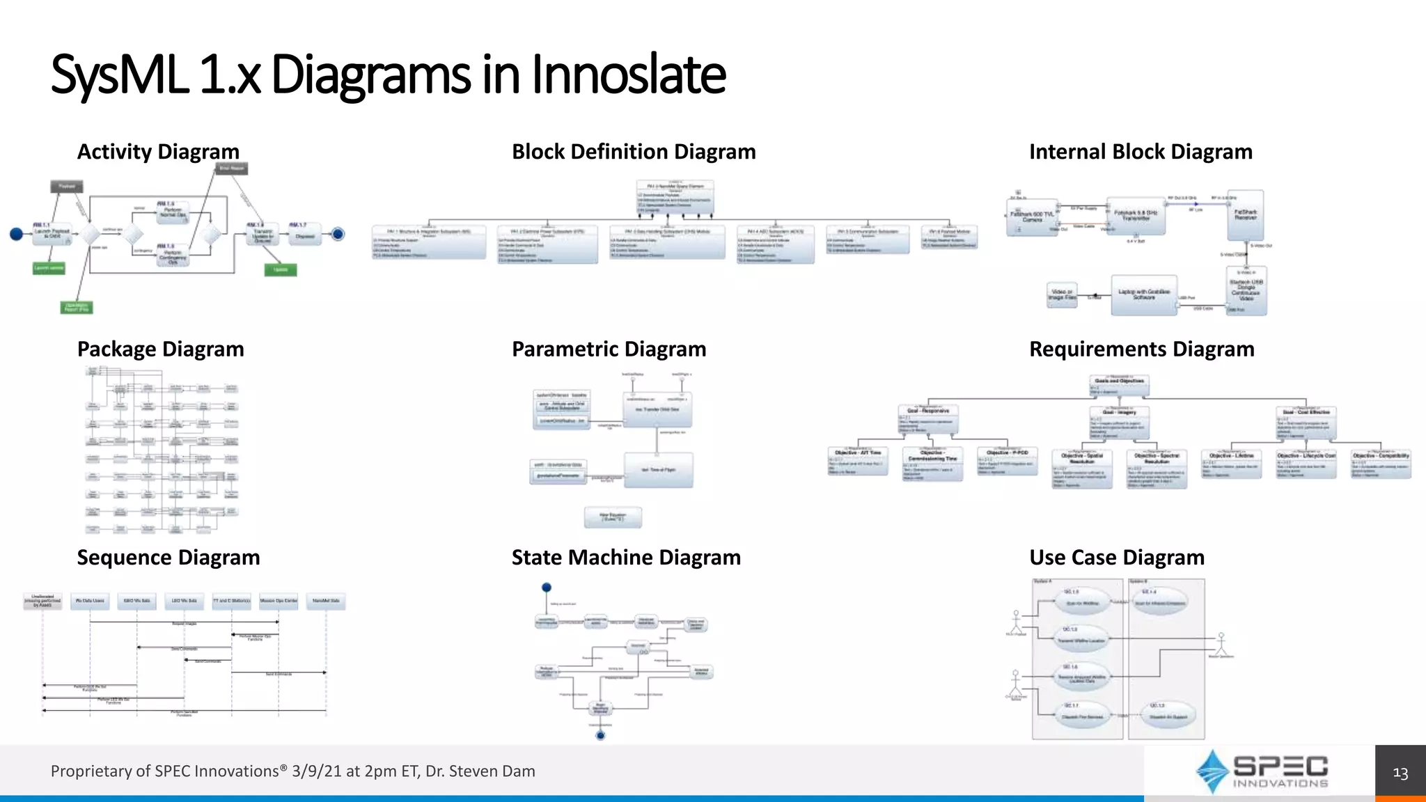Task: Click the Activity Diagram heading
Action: (158, 152)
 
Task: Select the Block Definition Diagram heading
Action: (634, 152)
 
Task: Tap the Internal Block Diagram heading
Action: (1141, 152)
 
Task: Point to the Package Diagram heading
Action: (160, 349)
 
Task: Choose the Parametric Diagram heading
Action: (609, 349)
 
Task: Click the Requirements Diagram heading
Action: (1142, 349)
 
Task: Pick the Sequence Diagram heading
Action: (169, 558)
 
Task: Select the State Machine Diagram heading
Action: (626, 558)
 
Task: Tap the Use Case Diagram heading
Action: (1117, 558)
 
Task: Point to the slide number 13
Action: (1400, 773)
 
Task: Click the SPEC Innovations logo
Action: (1261, 771)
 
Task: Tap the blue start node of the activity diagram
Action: (16, 235)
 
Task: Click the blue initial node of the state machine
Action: (547, 588)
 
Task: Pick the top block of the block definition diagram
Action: (675, 198)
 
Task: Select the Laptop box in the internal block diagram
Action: (1144, 295)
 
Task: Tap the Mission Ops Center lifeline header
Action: (279, 601)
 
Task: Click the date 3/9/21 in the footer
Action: (317, 771)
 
